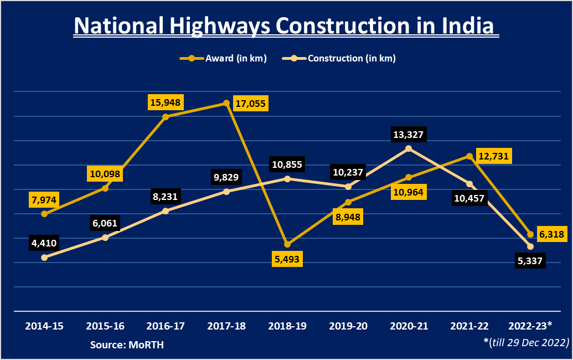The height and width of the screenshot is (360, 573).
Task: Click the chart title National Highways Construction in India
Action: [x=286, y=26]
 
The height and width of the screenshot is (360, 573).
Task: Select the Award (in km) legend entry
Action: [x=223, y=58]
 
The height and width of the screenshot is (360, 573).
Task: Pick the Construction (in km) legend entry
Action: [x=339, y=58]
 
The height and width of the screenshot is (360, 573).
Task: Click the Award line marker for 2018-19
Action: [x=287, y=244]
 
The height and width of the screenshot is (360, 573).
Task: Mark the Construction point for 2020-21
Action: [x=409, y=148]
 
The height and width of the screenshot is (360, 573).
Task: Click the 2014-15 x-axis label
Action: [x=44, y=326]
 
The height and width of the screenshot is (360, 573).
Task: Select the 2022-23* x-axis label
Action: [x=530, y=326]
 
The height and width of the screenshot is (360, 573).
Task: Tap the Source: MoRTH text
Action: [x=127, y=345]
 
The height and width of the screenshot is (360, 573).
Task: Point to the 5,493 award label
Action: [x=288, y=259]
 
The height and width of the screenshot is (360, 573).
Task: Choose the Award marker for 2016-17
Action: [x=166, y=117]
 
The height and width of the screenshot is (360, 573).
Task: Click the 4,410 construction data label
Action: [x=44, y=243]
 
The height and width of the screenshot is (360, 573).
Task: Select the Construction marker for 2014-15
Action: [x=44, y=258]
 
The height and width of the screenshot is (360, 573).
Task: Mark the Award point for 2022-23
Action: [x=530, y=234]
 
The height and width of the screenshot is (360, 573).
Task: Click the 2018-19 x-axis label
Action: [x=287, y=326]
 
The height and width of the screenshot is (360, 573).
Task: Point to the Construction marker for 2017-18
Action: [x=226, y=192]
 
